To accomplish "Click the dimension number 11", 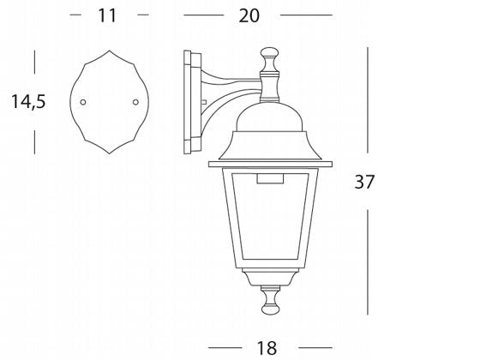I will coord(106,15).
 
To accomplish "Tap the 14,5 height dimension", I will coord(28,102).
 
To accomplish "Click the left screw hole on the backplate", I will coord(83,102).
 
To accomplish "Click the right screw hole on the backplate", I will coord(135,102).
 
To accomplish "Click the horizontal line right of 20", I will coord(306,15).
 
